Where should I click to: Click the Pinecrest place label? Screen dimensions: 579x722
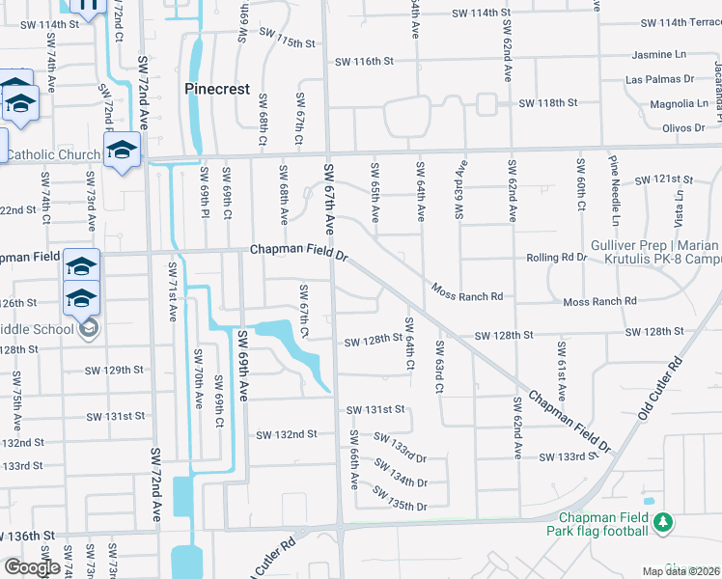pyautogui.click(x=217, y=89)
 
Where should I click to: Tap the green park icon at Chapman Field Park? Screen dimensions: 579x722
pyautogui.click(x=662, y=523)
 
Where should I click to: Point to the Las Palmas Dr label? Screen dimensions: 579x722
pyautogui.click(x=660, y=79)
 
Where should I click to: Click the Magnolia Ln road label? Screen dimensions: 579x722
pyautogui.click(x=652, y=103)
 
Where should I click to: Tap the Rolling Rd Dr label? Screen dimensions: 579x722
pyautogui.click(x=557, y=258)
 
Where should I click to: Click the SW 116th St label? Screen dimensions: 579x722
pyautogui.click(x=365, y=61)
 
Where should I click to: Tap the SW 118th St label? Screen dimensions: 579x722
pyautogui.click(x=547, y=102)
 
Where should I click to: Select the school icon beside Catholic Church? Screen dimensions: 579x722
pyautogui.click(x=123, y=151)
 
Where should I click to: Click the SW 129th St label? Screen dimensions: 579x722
pyautogui.click(x=113, y=370)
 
